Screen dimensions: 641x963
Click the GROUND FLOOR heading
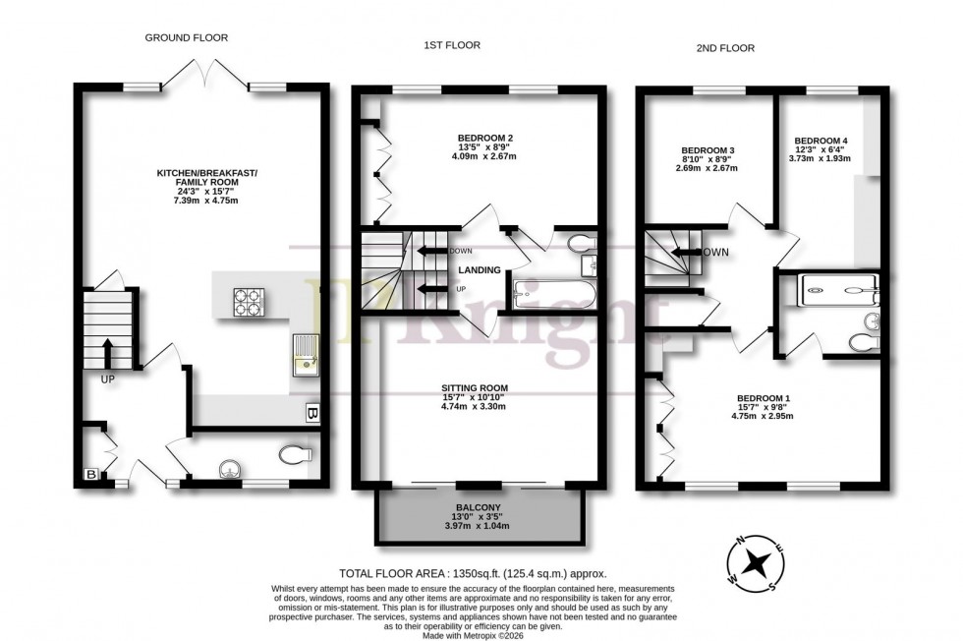click(x=187, y=38)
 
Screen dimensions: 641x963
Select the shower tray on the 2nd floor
click(x=840, y=286)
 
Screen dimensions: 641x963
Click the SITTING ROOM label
click(x=474, y=388)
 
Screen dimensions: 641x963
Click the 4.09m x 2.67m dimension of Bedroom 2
click(x=485, y=156)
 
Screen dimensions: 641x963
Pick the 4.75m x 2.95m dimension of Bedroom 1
click(x=762, y=416)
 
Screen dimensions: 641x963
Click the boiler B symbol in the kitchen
click(x=311, y=413)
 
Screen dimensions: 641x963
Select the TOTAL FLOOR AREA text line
click(x=474, y=572)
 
